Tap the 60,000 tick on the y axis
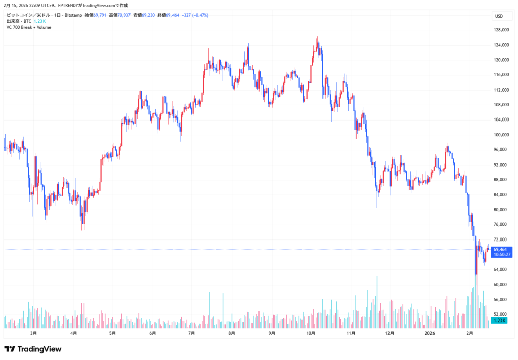click(x=501, y=285)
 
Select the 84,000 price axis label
click(x=501, y=195)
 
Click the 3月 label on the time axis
click(x=34, y=333)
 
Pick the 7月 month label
click(x=192, y=333)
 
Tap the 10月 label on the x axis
click(x=311, y=333)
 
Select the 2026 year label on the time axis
click(x=430, y=333)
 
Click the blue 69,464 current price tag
click(x=500, y=249)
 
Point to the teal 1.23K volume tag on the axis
click(x=499, y=321)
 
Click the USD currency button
click(x=499, y=16)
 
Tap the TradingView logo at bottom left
click(x=32, y=349)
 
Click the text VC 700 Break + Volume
click(x=28, y=27)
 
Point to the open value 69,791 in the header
click(x=100, y=15)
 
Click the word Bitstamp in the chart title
click(x=74, y=15)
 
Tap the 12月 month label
click(x=390, y=333)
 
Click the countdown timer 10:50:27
click(x=500, y=255)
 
